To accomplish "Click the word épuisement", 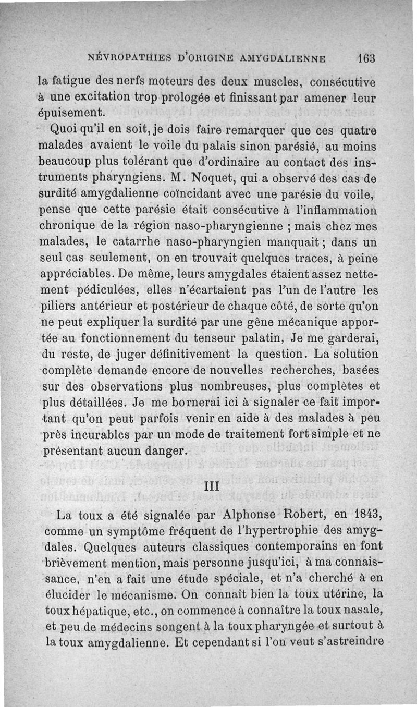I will pyautogui.click(x=72, y=112).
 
